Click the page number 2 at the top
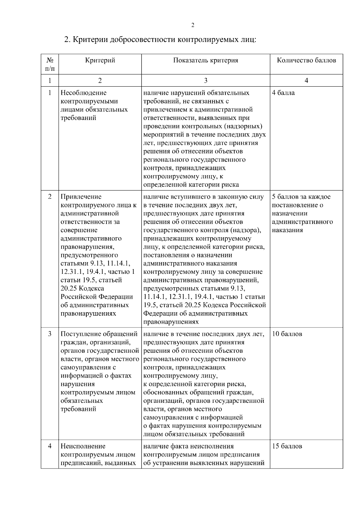tap(193, 25)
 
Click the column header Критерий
tap(100, 60)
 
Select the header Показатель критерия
tap(205, 60)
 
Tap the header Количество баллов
tap(306, 60)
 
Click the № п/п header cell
tap(50, 64)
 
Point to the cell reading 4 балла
tap(283, 93)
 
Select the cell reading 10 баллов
tap(287, 334)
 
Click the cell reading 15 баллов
tap(287, 446)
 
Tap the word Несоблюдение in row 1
tap(83, 93)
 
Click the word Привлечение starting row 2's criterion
tap(81, 197)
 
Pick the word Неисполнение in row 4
tap(83, 446)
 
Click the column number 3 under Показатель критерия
tap(205, 80)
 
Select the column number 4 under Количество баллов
tap(306, 80)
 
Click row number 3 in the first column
tap(50, 334)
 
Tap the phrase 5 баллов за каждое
tap(301, 197)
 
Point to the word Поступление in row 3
tap(81, 334)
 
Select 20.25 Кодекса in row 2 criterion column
tap(82, 289)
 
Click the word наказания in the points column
tap(287, 230)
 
